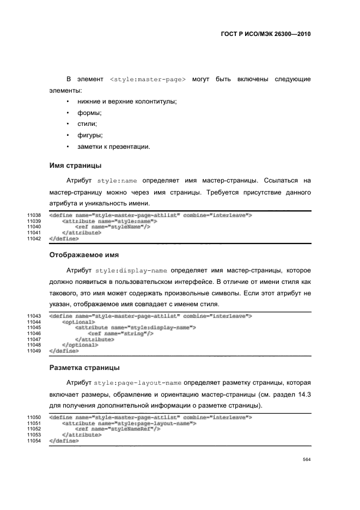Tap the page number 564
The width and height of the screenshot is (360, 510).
[x=307, y=459]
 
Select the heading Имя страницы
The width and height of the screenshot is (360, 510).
[x=75, y=165]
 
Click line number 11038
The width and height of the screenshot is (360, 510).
[x=34, y=216]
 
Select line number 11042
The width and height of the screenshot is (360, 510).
[x=34, y=239]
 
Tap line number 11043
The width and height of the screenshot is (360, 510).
[x=34, y=316]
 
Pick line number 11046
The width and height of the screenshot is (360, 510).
[x=34, y=333]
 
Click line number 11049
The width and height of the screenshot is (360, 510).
[x=34, y=350]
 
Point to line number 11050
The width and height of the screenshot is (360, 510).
[x=34, y=417]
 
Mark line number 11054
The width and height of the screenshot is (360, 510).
[x=34, y=440]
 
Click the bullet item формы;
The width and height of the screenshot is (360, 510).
[x=90, y=113]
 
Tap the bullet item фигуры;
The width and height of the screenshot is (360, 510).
[x=90, y=135]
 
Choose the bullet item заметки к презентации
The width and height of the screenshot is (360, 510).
[x=113, y=147]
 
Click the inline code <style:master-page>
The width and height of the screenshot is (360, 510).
[x=148, y=80]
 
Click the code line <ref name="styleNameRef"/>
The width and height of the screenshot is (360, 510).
[x=118, y=429]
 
